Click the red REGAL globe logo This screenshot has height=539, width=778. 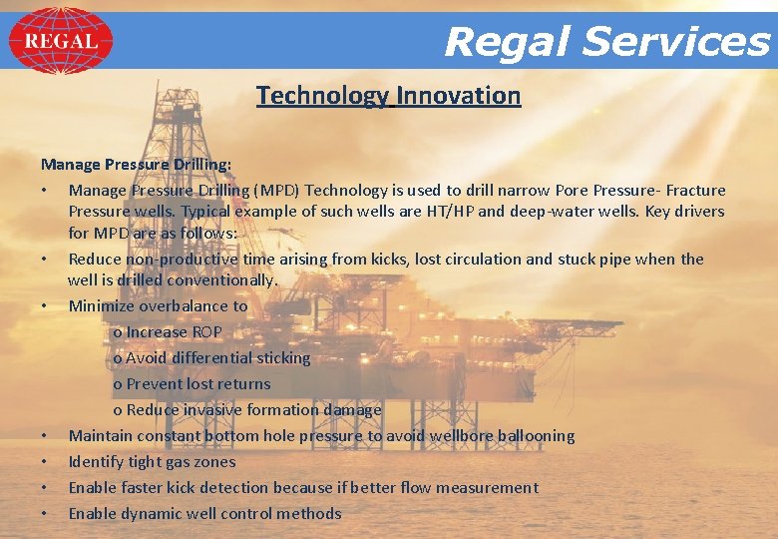61,41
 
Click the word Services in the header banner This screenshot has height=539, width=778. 675,42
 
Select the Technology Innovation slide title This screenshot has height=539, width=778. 388,96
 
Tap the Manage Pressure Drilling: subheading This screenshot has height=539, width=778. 136,163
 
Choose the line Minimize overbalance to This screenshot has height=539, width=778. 158,306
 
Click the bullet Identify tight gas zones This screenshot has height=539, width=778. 152,461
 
